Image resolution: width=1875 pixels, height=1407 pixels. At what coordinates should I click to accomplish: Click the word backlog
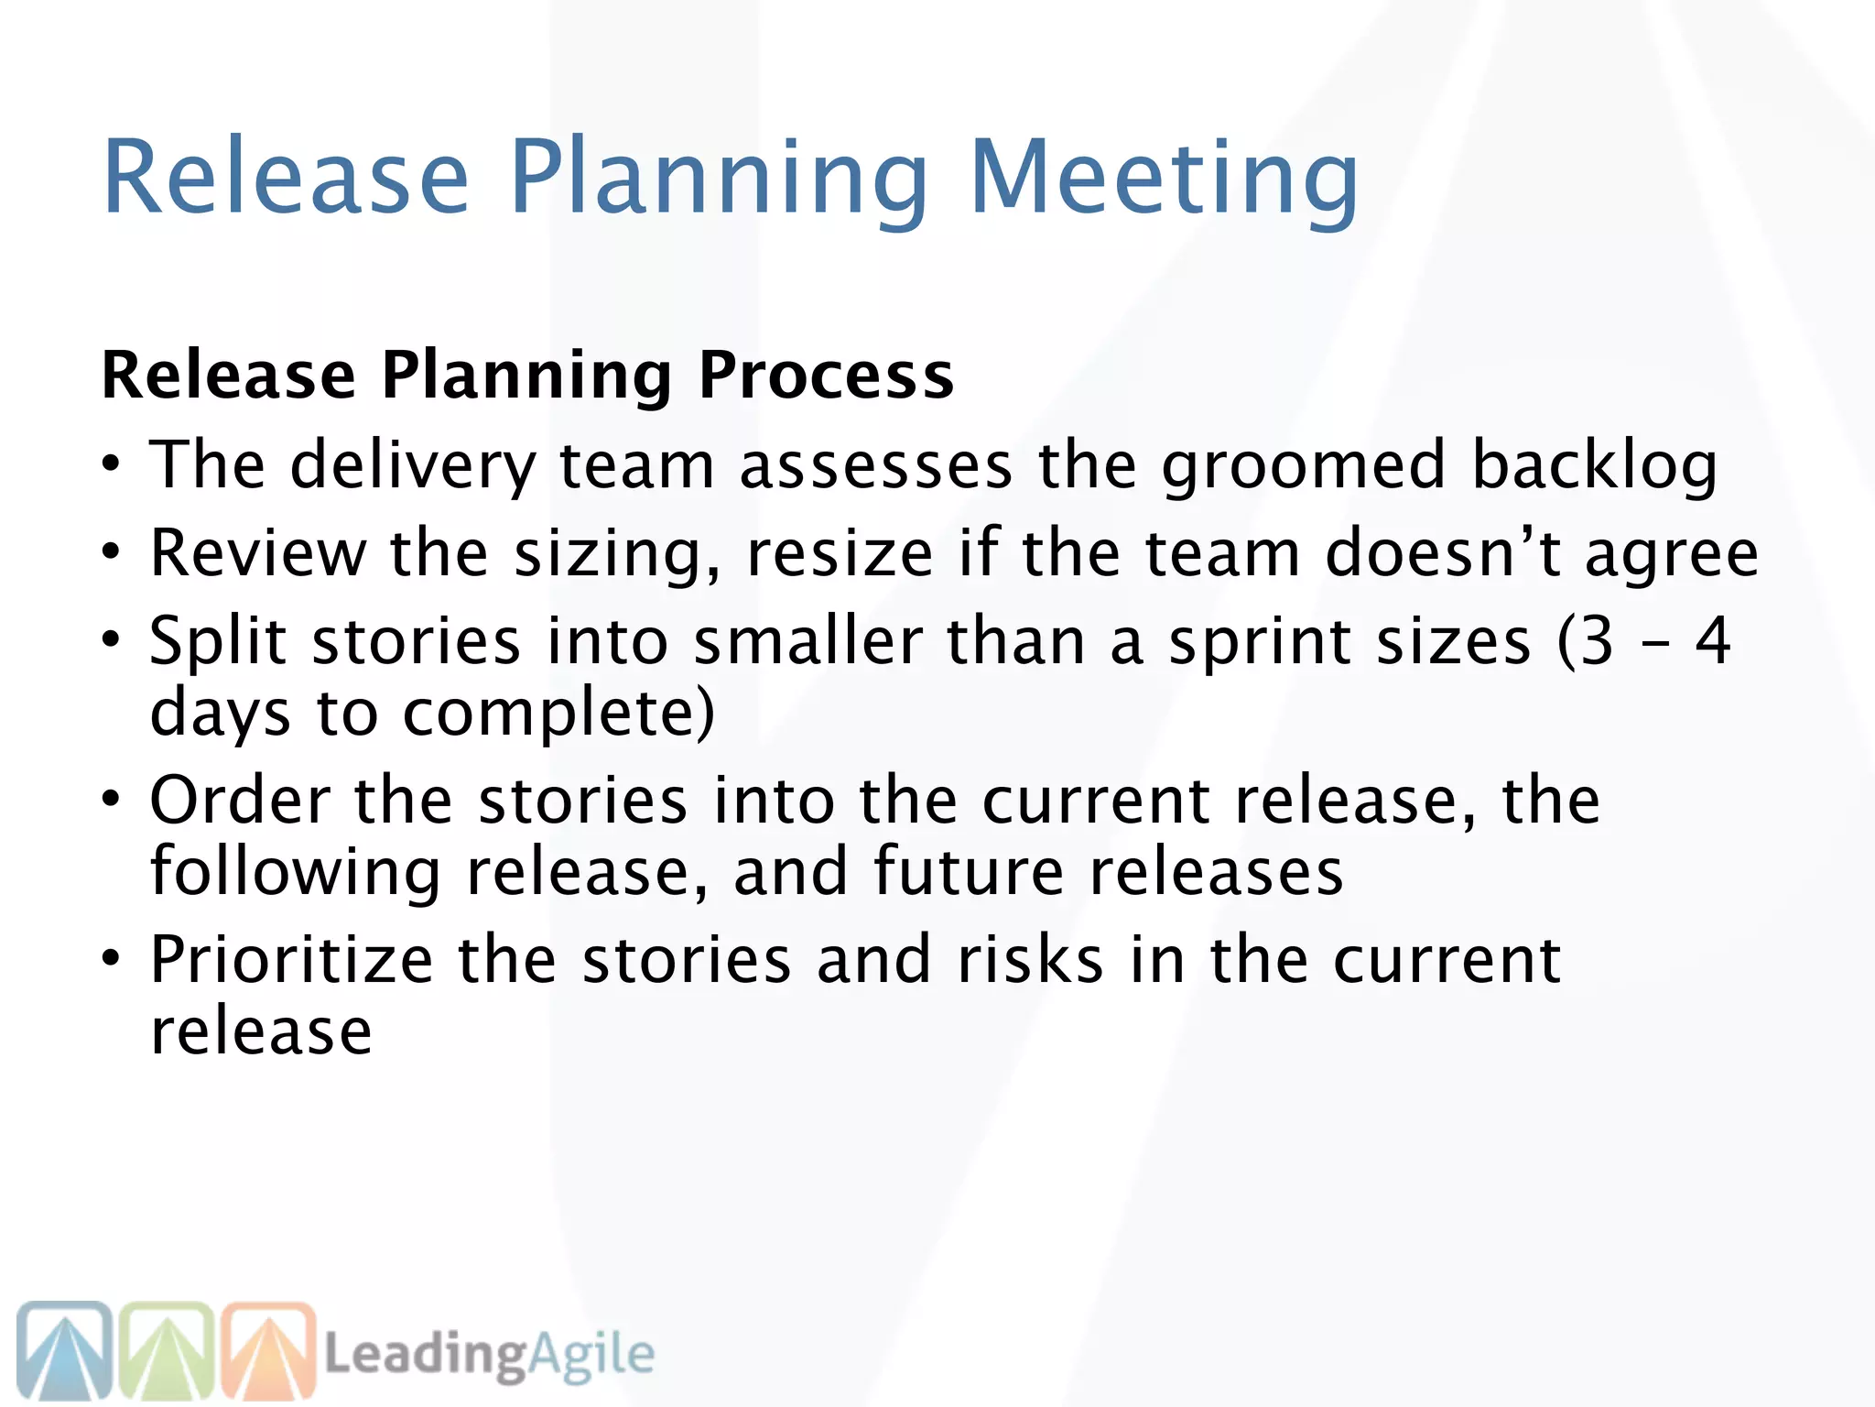1594,465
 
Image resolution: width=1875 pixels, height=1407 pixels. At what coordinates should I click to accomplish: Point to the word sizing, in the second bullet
617,554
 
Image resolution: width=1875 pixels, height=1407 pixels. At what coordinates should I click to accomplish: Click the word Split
218,641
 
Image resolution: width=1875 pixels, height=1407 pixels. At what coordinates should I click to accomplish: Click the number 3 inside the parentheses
1597,641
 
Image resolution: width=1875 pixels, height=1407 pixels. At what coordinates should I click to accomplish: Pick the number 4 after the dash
1713,641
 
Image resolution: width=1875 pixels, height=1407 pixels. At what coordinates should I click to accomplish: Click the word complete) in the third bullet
558,713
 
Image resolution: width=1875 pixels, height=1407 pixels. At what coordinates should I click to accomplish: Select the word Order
240,800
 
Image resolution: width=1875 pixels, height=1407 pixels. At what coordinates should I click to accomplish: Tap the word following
296,871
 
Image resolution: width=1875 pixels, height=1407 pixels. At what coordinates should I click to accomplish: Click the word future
969,871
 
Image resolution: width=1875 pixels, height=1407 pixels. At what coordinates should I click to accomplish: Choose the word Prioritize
291,960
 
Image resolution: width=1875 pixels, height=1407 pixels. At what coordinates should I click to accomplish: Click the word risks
1030,960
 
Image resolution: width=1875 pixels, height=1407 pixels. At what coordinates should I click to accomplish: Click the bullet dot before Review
111,552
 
